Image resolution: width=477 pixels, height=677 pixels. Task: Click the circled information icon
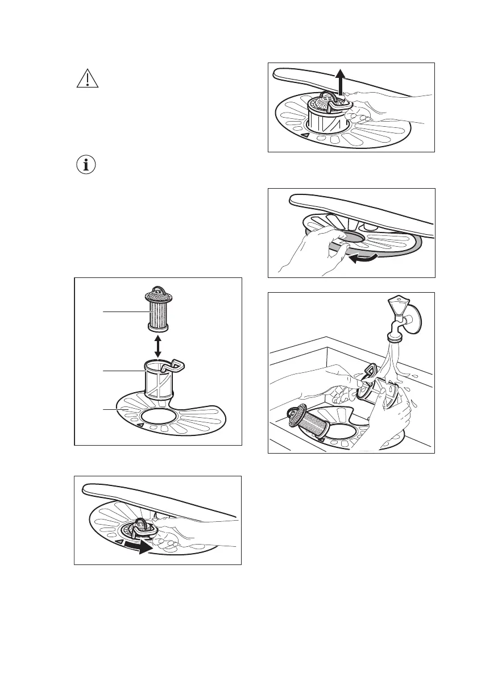[x=88, y=166]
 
